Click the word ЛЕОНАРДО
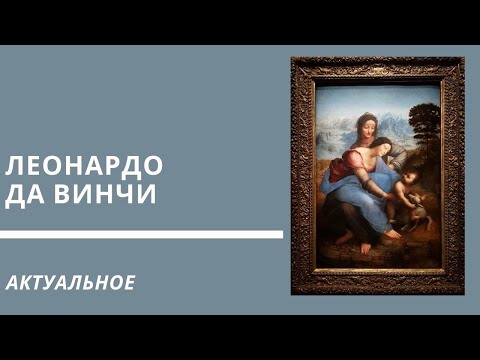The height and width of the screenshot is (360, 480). (x=84, y=164)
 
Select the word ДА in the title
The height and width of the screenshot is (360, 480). (x=28, y=195)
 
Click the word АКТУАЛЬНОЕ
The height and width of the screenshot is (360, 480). (x=70, y=283)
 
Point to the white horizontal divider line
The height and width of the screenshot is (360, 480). (x=140, y=236)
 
